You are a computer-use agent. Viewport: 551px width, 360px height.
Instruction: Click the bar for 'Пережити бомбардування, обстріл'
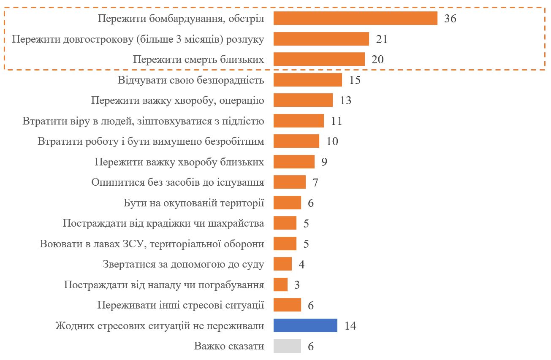[x=355, y=19]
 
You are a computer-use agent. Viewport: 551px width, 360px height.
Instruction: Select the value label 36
[x=450, y=19]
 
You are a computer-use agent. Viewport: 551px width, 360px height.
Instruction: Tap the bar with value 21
[x=321, y=39]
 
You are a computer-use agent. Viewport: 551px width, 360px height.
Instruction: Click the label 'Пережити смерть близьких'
[x=198, y=60]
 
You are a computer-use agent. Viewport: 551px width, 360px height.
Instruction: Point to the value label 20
[x=377, y=60]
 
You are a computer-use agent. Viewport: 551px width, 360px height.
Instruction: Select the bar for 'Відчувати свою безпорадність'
[x=307, y=80]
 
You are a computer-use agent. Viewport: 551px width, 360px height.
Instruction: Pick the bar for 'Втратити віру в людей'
[x=299, y=121]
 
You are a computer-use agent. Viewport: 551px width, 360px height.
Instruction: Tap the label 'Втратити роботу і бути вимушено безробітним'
[x=151, y=141]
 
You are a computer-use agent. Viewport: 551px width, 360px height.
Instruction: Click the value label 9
[x=324, y=162]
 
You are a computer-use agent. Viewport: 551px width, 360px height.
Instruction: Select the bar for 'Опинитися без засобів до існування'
[x=289, y=182]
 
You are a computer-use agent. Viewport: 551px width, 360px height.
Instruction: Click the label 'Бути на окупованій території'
[x=194, y=203]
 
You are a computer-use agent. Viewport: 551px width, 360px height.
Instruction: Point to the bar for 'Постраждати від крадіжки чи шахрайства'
[x=285, y=223]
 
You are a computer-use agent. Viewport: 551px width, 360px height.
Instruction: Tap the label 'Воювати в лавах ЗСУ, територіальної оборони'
[x=152, y=244]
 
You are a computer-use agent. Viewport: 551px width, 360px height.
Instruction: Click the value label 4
[x=301, y=265]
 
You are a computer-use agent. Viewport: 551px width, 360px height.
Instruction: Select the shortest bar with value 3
[x=280, y=284]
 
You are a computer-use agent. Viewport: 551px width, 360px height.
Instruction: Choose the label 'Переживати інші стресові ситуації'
[x=181, y=305]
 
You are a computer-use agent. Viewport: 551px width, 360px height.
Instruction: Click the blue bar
[x=305, y=325]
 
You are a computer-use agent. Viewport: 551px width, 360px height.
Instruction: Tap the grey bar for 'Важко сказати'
[x=287, y=346]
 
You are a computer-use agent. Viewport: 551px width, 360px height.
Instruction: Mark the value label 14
[x=350, y=326]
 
